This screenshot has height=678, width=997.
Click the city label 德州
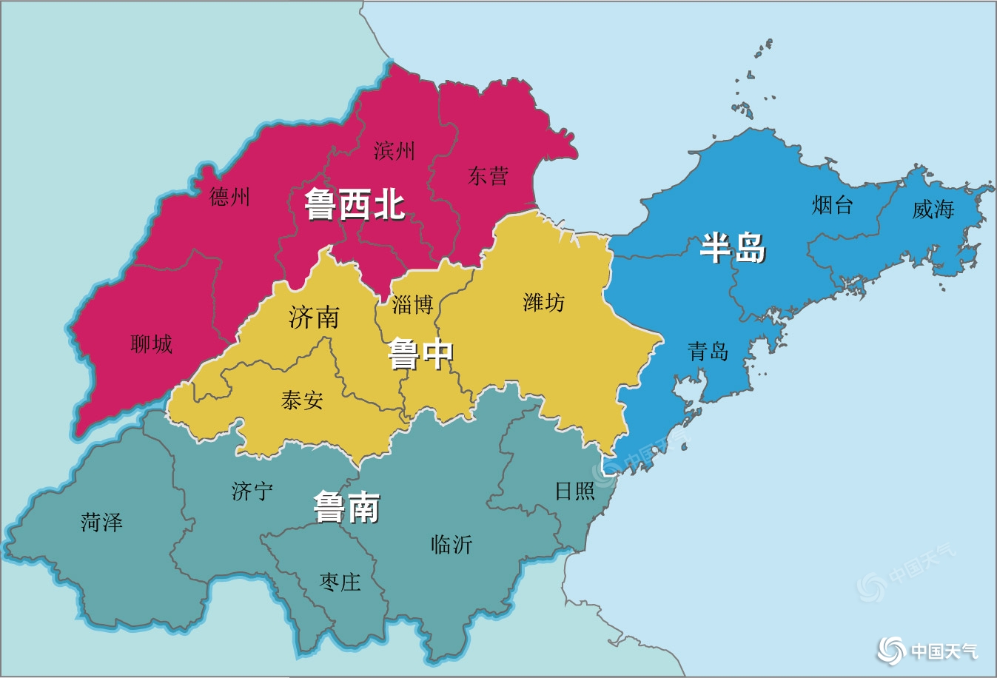229,197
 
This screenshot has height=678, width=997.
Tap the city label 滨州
394,151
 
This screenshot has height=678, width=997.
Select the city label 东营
488,176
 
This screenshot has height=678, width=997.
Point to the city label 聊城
151,343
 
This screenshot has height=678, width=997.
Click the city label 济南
314,318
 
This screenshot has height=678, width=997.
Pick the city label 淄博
412,304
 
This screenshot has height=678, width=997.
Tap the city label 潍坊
543,302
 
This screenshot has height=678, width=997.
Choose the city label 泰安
302,400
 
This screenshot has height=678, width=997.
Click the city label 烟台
832,204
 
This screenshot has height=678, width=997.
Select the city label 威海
933,209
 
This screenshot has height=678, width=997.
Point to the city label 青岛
708,351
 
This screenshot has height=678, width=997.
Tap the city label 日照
574,491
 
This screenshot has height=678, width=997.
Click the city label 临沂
451,545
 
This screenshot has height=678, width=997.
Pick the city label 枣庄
340,582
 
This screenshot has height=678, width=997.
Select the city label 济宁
252,491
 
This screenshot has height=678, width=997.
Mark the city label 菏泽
101,523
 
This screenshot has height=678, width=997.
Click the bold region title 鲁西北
355,204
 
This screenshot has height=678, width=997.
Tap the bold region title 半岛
733,247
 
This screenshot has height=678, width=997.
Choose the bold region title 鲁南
346,508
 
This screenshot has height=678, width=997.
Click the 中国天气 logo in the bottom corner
928,651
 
